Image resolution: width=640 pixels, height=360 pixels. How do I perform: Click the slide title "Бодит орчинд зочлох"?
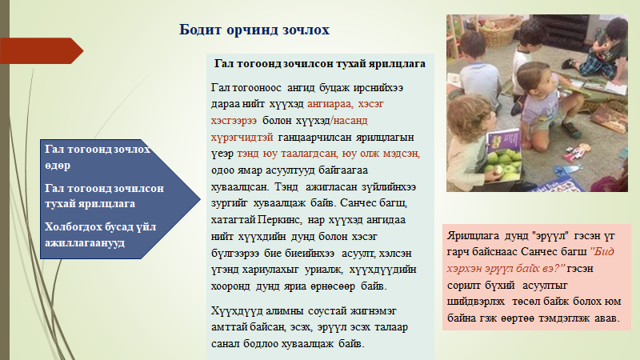254,30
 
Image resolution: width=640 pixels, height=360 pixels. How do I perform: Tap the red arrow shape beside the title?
42,51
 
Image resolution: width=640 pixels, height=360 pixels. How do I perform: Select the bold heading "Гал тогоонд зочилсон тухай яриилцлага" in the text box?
319,64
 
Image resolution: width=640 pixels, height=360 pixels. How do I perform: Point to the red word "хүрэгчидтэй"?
242,138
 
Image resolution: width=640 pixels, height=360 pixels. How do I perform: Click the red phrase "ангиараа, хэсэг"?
346,104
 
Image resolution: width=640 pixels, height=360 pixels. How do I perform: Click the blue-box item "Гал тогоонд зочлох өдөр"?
98,157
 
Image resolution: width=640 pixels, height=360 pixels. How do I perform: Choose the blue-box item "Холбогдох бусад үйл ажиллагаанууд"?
101,234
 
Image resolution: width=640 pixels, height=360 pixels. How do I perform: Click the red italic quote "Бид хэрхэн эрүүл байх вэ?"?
530,260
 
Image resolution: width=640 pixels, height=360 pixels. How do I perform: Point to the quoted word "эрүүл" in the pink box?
550,235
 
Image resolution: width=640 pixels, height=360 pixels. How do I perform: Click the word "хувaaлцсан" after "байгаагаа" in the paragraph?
239,187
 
